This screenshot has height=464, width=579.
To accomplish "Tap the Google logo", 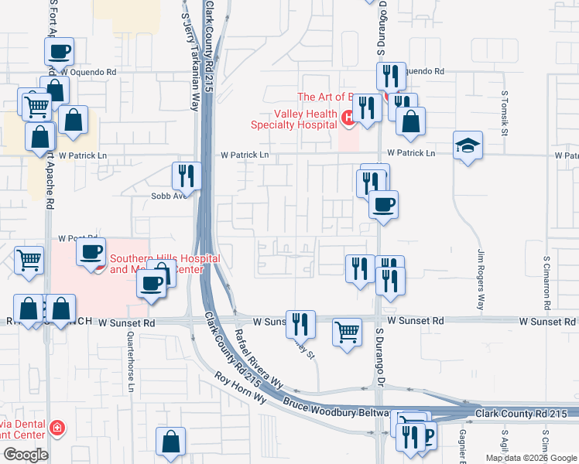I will (x=26, y=455).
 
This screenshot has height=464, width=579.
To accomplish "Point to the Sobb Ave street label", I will (x=170, y=196).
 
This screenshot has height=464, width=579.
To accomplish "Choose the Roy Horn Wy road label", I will (x=241, y=389).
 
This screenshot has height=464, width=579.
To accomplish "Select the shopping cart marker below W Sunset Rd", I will (x=348, y=333).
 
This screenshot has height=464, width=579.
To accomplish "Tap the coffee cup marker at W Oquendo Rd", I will (x=59, y=52).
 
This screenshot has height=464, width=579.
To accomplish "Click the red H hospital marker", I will (x=348, y=118).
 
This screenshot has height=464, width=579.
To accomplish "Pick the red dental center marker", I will (x=56, y=428).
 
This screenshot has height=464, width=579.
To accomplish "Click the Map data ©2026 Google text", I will (x=530, y=458).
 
